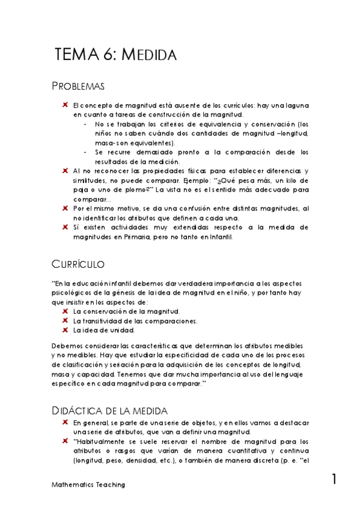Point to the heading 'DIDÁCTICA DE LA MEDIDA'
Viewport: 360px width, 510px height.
pyautogui.click(x=109, y=410)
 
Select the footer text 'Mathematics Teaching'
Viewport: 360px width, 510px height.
pyautogui.click(x=88, y=485)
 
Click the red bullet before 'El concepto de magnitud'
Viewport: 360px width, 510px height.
pyautogui.click(x=64, y=105)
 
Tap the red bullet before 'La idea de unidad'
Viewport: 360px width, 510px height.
pyautogui.click(x=64, y=330)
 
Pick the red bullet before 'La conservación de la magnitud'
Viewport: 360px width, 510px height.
pyautogui.click(x=64, y=311)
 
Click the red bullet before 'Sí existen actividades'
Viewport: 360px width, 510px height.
pyautogui.click(x=64, y=227)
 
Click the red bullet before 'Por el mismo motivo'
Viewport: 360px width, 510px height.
pyautogui.click(x=64, y=208)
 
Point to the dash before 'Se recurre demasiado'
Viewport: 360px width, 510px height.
pyautogui.click(x=85, y=152)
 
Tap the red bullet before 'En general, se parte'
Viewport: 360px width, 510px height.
pyautogui.click(x=64, y=422)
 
